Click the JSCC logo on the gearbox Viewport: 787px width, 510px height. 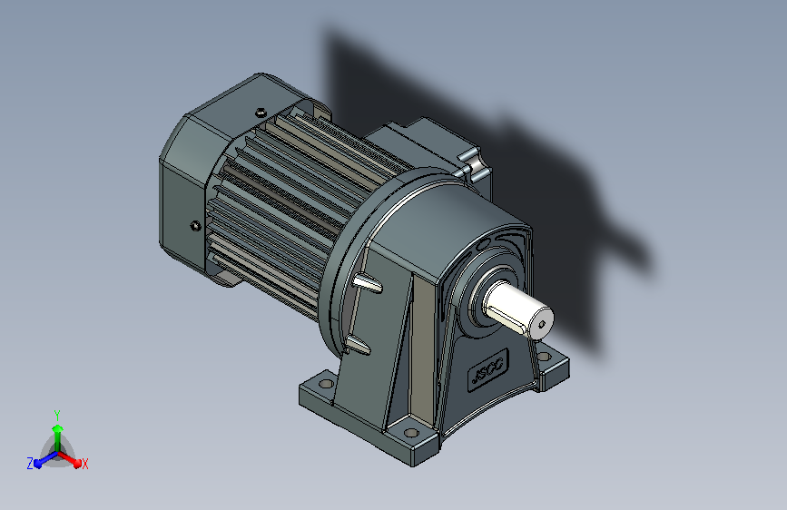pyautogui.click(x=488, y=370)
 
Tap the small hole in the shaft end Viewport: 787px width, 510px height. pyautogui.click(x=541, y=325)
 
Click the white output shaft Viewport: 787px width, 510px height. pyautogui.click(x=518, y=309)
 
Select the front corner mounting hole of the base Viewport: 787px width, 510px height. pyautogui.click(x=411, y=432)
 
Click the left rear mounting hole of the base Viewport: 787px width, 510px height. pyautogui.click(x=326, y=384)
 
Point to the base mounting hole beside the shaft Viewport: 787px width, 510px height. pyautogui.click(x=544, y=357)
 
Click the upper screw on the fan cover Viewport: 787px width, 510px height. pyautogui.click(x=260, y=112)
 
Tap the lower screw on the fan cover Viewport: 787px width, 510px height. pyautogui.click(x=196, y=226)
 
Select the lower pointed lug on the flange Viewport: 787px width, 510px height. pyautogui.click(x=358, y=345)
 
